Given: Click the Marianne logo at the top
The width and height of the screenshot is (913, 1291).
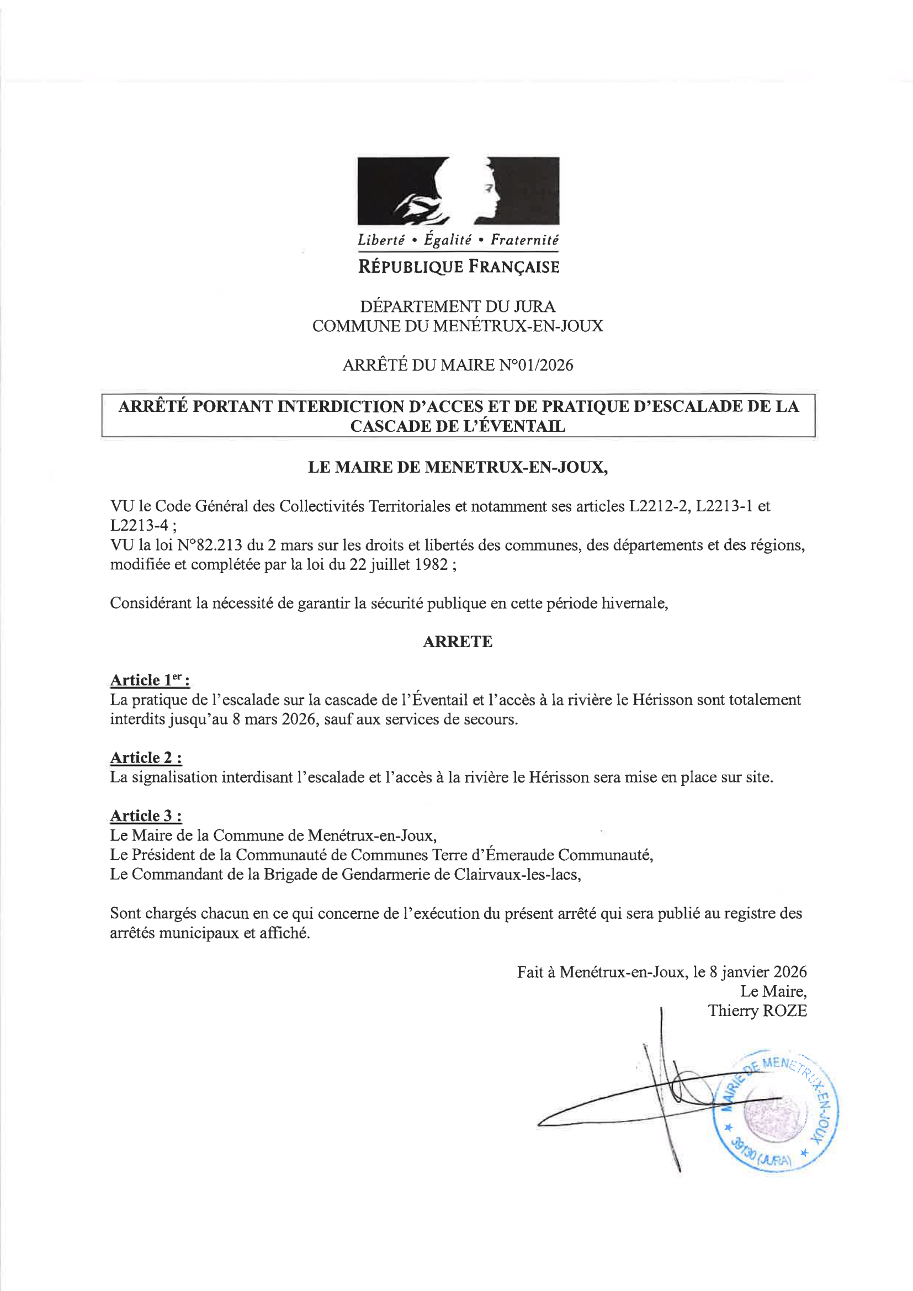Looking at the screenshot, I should coord(458,191).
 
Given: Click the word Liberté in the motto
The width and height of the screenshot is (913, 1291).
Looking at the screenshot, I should coord(381,240).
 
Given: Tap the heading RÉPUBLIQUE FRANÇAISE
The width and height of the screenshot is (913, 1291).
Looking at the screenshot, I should coord(459,267).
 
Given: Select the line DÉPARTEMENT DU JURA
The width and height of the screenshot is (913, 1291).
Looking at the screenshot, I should coord(458,306).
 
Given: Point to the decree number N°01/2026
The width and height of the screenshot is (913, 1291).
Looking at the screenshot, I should coord(536,366).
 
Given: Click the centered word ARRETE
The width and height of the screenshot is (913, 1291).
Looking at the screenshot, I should coord(457,642).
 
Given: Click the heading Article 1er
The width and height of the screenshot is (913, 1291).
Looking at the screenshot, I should coord(150,680).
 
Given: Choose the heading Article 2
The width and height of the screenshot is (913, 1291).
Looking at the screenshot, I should coord(146,758).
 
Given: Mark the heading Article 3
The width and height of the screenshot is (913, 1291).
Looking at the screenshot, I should coord(146,816).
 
